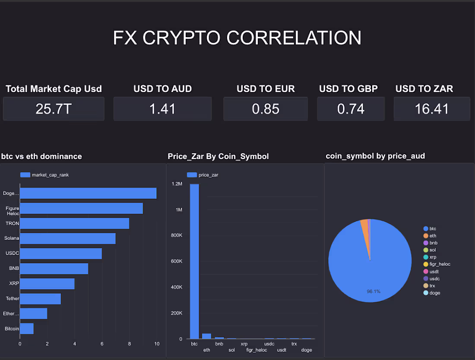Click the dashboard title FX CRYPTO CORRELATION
(x=237, y=38)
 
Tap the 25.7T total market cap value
(x=54, y=109)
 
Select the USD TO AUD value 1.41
(x=162, y=109)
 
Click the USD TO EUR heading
(x=266, y=89)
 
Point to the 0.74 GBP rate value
(x=351, y=109)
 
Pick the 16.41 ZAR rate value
(x=432, y=109)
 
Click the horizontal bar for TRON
(x=74, y=223)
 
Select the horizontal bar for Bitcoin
(x=26, y=328)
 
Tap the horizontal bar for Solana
(x=67, y=239)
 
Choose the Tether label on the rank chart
(x=12, y=299)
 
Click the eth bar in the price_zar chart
(x=207, y=336)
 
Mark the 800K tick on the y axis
(x=177, y=236)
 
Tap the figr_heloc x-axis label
(x=256, y=350)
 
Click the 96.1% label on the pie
(x=374, y=291)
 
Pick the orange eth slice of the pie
(x=364, y=223)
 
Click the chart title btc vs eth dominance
(x=41, y=156)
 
